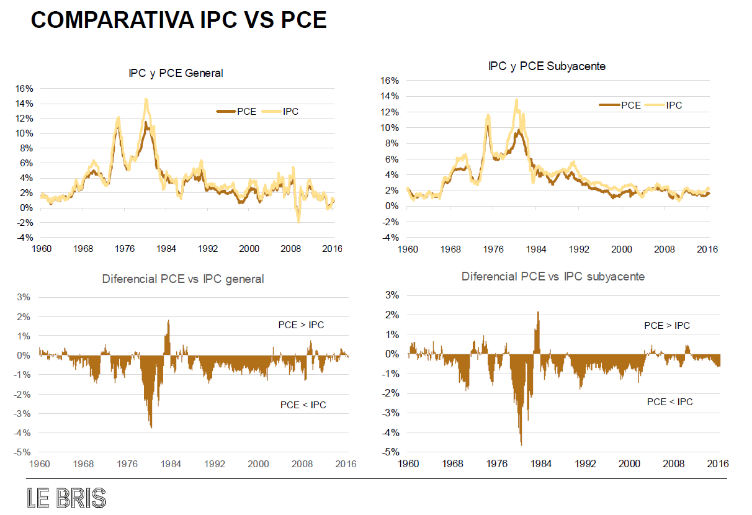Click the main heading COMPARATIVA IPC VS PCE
click(x=179, y=21)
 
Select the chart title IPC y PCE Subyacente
click(x=547, y=66)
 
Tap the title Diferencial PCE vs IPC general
click(x=182, y=279)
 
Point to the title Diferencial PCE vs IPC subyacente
click(x=553, y=276)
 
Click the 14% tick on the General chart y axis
click(x=25, y=104)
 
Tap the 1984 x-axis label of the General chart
click(x=166, y=248)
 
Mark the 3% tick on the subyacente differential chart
click(x=392, y=295)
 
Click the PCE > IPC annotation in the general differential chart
click(x=300, y=325)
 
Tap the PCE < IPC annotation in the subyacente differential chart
click(x=669, y=402)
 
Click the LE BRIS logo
click(x=66, y=498)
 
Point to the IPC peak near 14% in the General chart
click(x=146, y=99)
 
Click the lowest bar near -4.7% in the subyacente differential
click(x=521, y=444)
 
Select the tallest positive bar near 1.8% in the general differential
click(x=168, y=321)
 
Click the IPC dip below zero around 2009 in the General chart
click(x=298, y=221)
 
